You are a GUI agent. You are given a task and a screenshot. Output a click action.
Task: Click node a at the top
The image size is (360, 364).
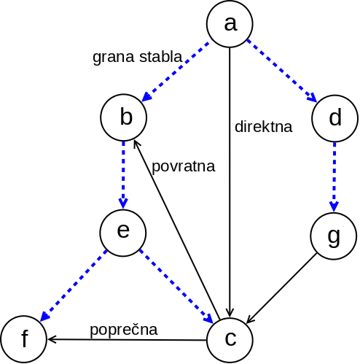coord(230,24)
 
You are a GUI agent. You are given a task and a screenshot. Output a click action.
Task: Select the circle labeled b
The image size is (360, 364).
coord(125,118)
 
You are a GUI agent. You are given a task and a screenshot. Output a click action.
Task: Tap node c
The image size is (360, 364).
coord(230,339)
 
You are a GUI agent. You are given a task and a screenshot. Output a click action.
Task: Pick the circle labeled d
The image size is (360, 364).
coord(334,118)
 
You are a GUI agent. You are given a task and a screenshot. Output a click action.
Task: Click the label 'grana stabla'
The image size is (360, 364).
coord(137,57)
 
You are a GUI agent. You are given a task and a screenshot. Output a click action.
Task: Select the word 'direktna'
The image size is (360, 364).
coord(263,126)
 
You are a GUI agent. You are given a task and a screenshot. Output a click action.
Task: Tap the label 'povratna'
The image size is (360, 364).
coord(183,166)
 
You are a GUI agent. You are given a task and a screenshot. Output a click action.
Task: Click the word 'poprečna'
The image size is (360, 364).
coord(124,329)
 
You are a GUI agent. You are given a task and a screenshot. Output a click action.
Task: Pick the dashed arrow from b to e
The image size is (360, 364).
coord(124,175)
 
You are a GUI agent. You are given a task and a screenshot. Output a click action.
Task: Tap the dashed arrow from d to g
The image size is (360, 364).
coord(334,177)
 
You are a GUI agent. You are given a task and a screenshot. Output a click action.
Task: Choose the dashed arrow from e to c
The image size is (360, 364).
coord(176,287)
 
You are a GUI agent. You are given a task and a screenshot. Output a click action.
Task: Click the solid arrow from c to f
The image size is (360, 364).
coord(128,339)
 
